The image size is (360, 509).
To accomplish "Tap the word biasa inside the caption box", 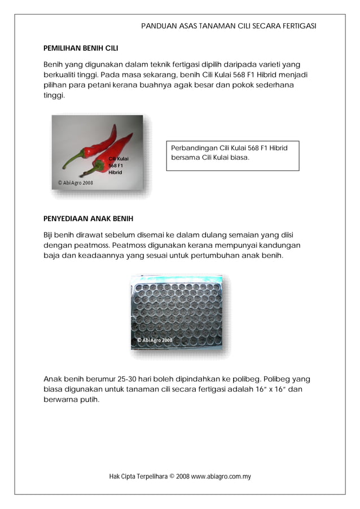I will tap(236, 157).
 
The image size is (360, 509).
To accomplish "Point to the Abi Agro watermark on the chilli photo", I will tap(76, 183).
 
